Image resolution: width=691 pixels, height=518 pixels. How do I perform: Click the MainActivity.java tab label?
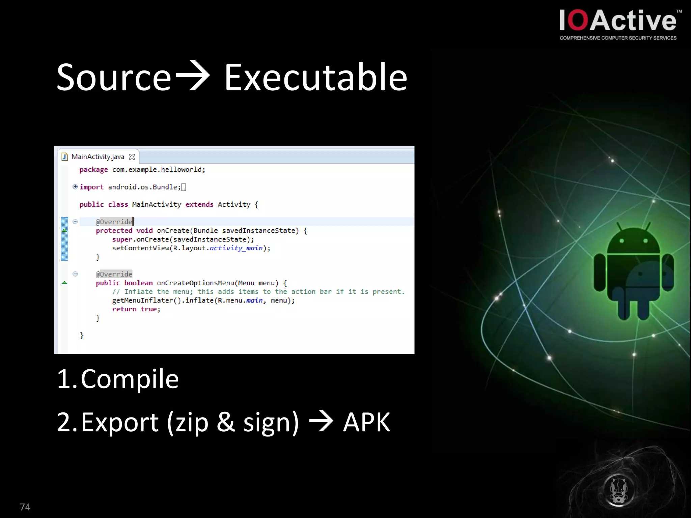pos(98,157)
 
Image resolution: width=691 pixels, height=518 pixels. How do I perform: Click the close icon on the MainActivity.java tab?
pos(132,157)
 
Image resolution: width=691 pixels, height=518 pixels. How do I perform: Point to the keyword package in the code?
pos(93,170)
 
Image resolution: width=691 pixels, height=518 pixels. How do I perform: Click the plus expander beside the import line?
pos(75,187)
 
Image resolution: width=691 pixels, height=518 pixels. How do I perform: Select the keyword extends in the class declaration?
pos(199,204)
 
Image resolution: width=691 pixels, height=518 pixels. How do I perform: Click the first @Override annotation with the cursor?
pos(114,222)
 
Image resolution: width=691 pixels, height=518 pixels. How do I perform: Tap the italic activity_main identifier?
pos(236,248)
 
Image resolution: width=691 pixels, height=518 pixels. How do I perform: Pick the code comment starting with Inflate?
pos(258,292)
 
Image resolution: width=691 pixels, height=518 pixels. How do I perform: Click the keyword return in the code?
pos(124,309)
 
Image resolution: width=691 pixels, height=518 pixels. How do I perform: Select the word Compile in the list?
pos(130,379)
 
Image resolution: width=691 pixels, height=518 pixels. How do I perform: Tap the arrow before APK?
pos(321,421)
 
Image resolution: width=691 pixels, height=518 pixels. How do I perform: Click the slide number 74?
pos(25,507)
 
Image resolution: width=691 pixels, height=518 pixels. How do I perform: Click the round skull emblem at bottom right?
pos(618,490)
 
